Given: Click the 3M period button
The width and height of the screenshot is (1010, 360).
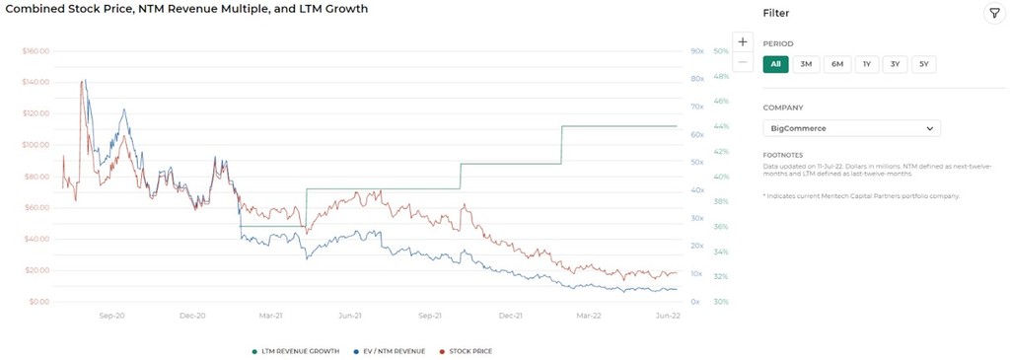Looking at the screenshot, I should (806, 64).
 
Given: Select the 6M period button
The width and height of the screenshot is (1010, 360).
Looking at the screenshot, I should (836, 64).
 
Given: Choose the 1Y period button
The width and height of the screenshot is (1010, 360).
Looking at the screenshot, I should (866, 64).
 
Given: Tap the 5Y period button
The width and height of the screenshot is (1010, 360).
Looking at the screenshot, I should (923, 64).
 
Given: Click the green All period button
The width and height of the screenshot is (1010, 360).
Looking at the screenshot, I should (775, 64).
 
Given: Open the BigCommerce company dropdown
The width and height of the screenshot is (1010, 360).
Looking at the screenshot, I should (851, 128).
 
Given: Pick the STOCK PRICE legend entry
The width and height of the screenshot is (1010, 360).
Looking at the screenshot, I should (468, 351).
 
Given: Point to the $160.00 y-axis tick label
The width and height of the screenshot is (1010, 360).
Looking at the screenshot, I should (36, 50).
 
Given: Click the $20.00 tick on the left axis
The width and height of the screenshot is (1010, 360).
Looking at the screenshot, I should (37, 270).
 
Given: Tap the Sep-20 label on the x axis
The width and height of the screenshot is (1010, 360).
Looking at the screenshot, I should (111, 316).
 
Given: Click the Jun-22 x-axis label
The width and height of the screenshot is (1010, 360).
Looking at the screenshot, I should (668, 316).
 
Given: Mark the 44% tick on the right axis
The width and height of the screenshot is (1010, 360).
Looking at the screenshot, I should (721, 126).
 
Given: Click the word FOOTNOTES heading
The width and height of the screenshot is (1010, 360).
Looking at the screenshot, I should (784, 155).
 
